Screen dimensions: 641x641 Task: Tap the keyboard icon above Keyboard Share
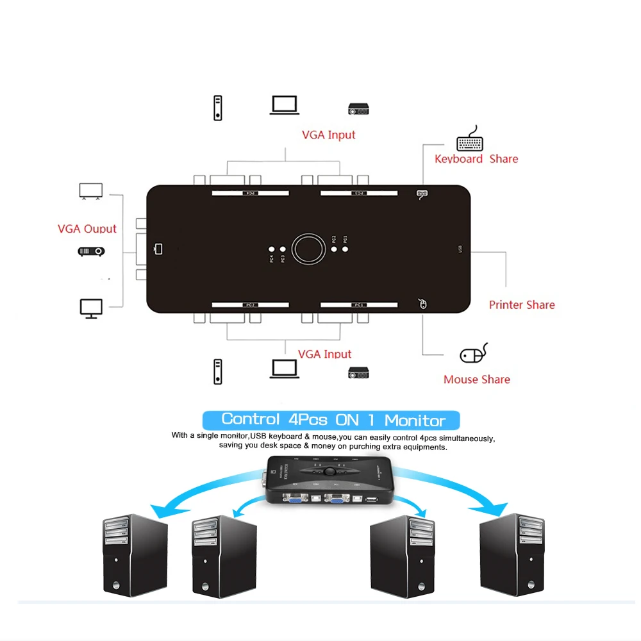click(x=470, y=139)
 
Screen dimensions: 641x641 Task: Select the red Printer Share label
click(x=522, y=305)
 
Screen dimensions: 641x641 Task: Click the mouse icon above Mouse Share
click(x=474, y=354)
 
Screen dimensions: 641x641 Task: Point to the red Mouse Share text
click(x=476, y=379)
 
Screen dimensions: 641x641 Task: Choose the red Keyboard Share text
click(x=476, y=159)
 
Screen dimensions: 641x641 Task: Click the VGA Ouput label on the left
click(x=87, y=229)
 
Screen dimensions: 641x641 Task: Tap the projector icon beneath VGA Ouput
click(x=91, y=251)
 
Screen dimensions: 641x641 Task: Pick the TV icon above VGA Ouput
click(x=90, y=191)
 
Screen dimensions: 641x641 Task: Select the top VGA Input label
click(x=328, y=135)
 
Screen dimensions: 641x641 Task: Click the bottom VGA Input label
click(x=324, y=354)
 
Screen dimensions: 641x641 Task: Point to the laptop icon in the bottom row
click(x=284, y=369)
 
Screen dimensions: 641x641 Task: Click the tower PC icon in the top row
click(x=218, y=108)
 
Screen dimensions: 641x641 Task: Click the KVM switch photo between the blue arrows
click(x=327, y=479)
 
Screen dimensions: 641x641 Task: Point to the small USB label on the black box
click(x=459, y=249)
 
